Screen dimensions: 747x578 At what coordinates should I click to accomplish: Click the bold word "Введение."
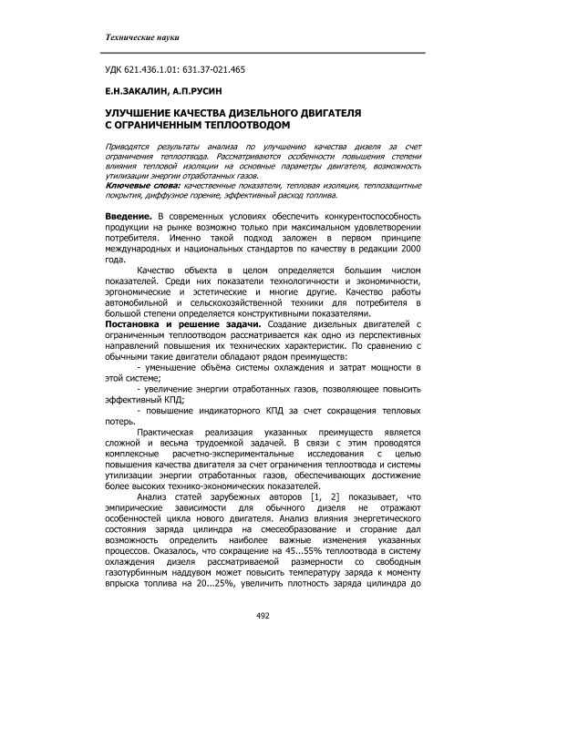(125, 213)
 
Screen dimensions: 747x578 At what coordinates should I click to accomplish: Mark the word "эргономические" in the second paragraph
(136, 292)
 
